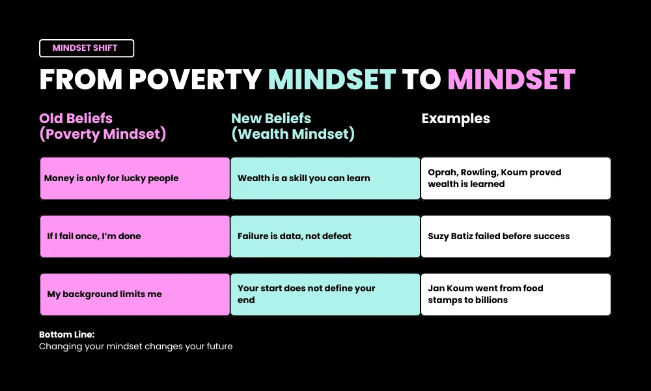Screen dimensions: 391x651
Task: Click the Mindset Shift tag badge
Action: coord(87,48)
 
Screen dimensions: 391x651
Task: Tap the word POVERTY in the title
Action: coord(196,80)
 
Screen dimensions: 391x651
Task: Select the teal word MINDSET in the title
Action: coord(332,80)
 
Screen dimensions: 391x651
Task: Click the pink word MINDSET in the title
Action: coord(511,80)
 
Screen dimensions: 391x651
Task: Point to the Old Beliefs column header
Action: coord(103,126)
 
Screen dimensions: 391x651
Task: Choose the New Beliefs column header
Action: coord(293,126)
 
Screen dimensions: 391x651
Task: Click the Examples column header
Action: coord(456,119)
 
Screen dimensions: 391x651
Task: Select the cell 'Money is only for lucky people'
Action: coord(135,178)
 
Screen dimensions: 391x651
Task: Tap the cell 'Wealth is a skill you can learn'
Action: coord(325,178)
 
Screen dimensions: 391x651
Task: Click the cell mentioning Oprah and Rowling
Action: coord(516,178)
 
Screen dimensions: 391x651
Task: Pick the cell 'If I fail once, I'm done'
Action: coord(135,236)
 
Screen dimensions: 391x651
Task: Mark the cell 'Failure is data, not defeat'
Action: coord(325,236)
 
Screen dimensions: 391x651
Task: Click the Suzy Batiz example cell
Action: coord(516,236)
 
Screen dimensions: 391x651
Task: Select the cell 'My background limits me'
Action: coord(135,294)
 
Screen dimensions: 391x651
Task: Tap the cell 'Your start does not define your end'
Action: coord(325,294)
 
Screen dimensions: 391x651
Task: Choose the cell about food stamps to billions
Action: coord(516,294)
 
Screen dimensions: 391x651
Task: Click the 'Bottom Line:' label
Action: coord(66,334)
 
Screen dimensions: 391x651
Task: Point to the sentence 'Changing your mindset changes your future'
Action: coord(135,347)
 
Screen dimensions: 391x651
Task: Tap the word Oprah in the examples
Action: coord(443,173)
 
